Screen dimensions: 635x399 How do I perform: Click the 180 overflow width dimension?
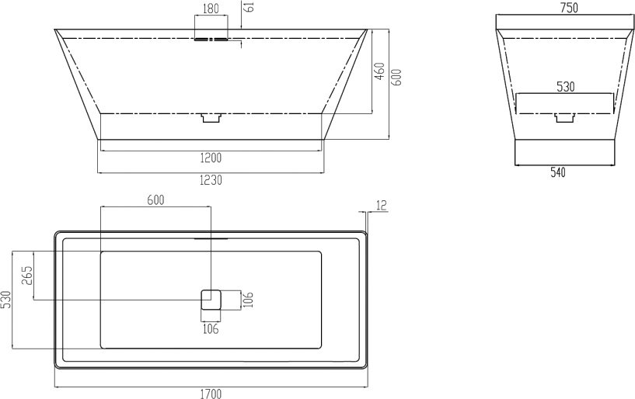coord(211,9)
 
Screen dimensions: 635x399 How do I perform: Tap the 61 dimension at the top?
coord(250,6)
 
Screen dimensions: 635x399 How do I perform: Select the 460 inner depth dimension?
coord(379,71)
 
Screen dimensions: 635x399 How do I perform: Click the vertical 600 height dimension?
coord(397,77)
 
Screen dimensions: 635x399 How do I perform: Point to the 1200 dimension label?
coord(211,158)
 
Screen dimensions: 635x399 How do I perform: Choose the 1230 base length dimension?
coord(211,179)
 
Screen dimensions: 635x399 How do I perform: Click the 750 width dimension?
coord(570,8)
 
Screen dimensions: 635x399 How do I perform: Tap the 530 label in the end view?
coord(566,87)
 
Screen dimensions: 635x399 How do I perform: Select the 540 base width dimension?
coord(557,172)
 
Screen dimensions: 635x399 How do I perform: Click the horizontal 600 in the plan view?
coord(156,200)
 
